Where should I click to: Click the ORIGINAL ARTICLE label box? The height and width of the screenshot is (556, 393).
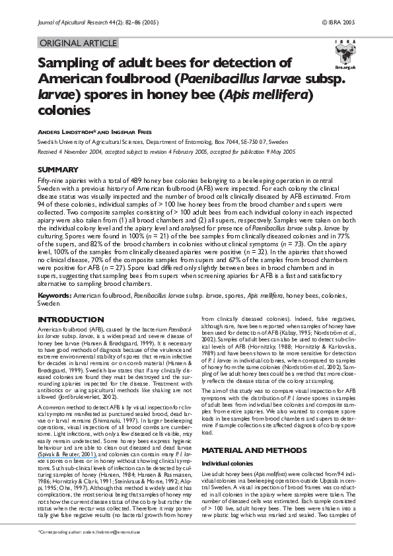(x=79, y=44)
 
